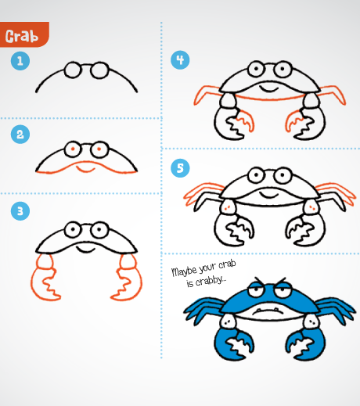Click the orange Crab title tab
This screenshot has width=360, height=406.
pyautogui.click(x=24, y=34)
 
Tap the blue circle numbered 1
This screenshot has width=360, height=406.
pyautogui.click(x=20, y=61)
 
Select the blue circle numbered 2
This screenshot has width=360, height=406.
pyautogui.click(x=20, y=135)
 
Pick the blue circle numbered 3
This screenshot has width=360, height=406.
pyautogui.click(x=20, y=211)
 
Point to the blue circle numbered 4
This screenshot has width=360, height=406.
pyautogui.click(x=180, y=60)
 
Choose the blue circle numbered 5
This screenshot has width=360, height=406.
pyautogui.click(x=180, y=168)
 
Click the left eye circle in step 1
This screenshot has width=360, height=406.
pyautogui.click(x=73, y=70)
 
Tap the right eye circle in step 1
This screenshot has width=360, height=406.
pyautogui.click(x=99, y=70)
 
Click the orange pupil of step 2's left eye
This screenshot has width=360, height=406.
pyautogui.click(x=73, y=149)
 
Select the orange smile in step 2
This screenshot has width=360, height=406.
pyautogui.click(x=85, y=170)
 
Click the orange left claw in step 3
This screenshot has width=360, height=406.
pyautogui.click(x=45, y=277)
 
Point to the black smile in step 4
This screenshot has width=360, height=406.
pyautogui.click(x=269, y=89)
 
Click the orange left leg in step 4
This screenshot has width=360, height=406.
pyautogui.click(x=207, y=95)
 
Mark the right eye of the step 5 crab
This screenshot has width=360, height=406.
pyautogui.click(x=283, y=175)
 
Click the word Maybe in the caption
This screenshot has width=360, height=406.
pyautogui.click(x=184, y=271)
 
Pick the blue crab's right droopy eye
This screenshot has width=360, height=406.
pyautogui.click(x=283, y=290)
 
